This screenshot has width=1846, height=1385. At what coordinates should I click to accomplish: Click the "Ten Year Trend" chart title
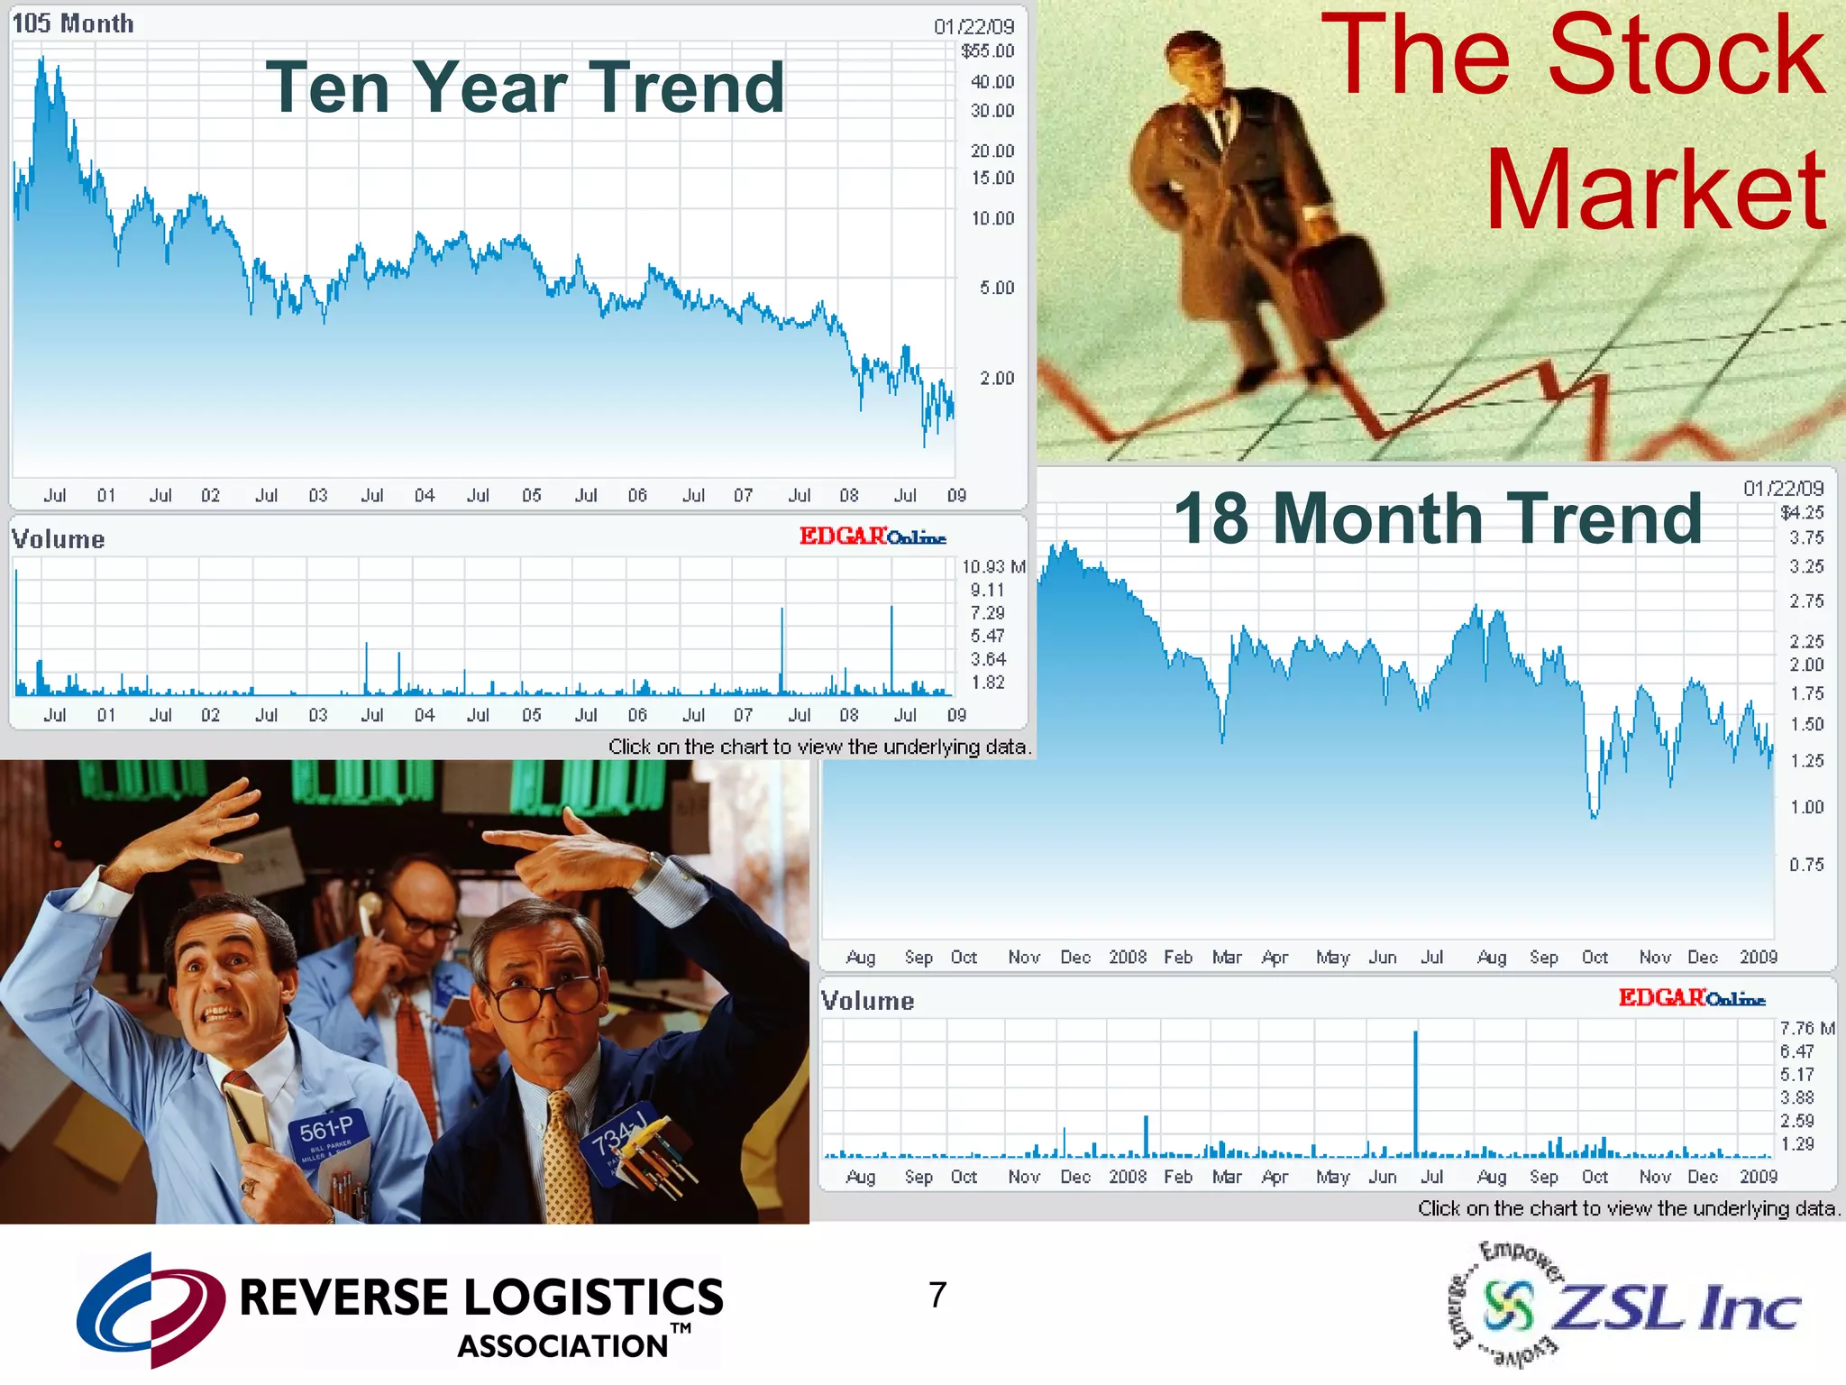525,87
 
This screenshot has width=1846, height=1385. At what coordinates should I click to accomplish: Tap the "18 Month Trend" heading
1438,518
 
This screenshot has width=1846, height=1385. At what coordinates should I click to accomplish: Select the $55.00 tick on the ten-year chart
988,51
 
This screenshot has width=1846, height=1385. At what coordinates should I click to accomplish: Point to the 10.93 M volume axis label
993,566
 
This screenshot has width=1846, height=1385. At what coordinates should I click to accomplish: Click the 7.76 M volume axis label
1807,1028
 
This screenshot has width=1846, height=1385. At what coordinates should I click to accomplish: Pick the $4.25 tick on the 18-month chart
1802,512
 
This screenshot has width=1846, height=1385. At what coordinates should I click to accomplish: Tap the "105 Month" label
73,23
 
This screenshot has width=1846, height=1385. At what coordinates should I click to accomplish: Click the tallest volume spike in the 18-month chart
1415,1091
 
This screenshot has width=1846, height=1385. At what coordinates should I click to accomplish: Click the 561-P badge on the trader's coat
327,1131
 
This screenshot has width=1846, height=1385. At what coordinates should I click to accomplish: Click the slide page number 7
937,1295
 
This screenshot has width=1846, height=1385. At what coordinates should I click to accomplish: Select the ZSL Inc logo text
1677,1307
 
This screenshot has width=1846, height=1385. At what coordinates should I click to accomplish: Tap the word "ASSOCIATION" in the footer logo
563,1346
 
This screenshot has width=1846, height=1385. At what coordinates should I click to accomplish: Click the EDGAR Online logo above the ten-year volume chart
873,537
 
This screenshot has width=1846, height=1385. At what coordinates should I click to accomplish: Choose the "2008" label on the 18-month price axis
1128,957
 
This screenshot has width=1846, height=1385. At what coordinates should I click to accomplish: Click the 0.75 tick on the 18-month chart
1806,865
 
